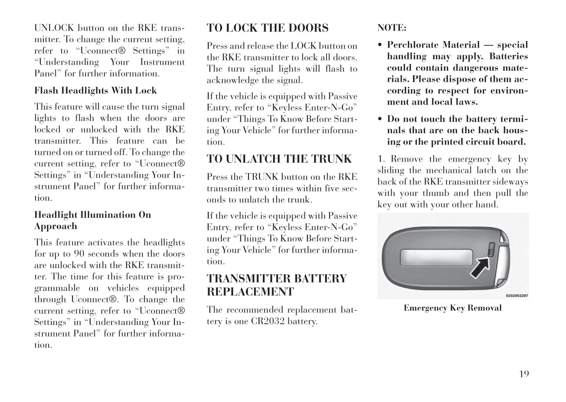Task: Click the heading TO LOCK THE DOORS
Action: [268, 28]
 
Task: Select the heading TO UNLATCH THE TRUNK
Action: [279, 159]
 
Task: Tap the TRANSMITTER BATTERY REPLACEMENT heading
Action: [277, 285]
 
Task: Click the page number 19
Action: [524, 374]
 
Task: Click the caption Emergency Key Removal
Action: [452, 308]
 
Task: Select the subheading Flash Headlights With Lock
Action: [96, 91]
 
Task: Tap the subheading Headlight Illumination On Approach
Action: [92, 220]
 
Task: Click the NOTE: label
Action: [392, 28]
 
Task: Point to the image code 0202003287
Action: [517, 296]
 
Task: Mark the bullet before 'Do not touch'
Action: [380, 119]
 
